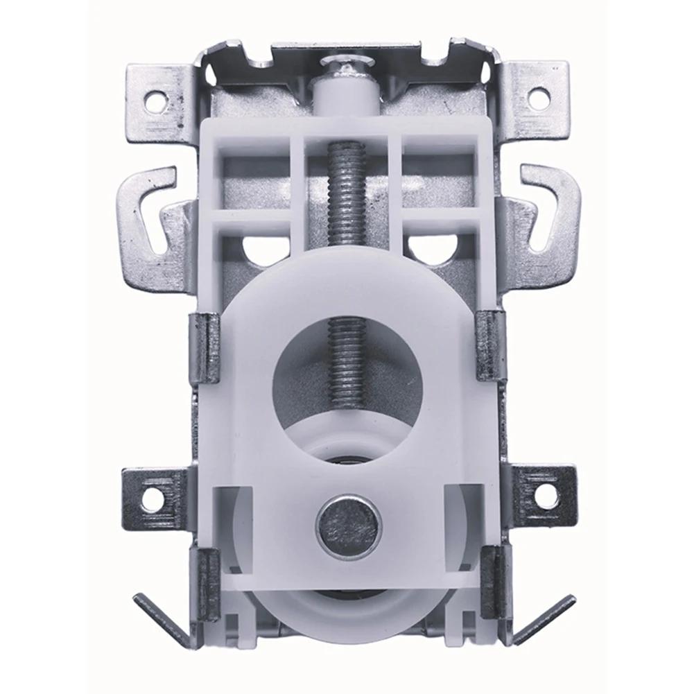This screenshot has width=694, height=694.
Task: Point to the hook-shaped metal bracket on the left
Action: pos(149,208)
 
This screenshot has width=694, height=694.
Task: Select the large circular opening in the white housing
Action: pos(347,388)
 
